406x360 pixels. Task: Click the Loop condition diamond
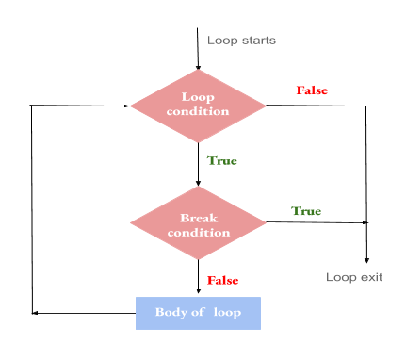click(198, 105)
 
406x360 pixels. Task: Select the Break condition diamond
click(198, 222)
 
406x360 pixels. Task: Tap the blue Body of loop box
click(197, 312)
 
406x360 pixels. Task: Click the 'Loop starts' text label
click(241, 40)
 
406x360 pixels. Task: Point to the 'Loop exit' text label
click(353, 277)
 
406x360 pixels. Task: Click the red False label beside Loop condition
click(312, 90)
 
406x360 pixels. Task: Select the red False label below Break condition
click(222, 280)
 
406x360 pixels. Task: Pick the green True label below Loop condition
click(222, 161)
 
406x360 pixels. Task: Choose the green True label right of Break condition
click(306, 210)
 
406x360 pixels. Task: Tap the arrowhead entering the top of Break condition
click(198, 183)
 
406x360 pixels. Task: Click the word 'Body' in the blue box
click(172, 312)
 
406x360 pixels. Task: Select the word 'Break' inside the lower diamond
click(198, 217)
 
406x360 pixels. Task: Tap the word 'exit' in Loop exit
click(369, 277)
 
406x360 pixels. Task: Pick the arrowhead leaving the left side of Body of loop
click(35, 312)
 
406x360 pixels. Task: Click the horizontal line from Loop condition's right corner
click(316, 106)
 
